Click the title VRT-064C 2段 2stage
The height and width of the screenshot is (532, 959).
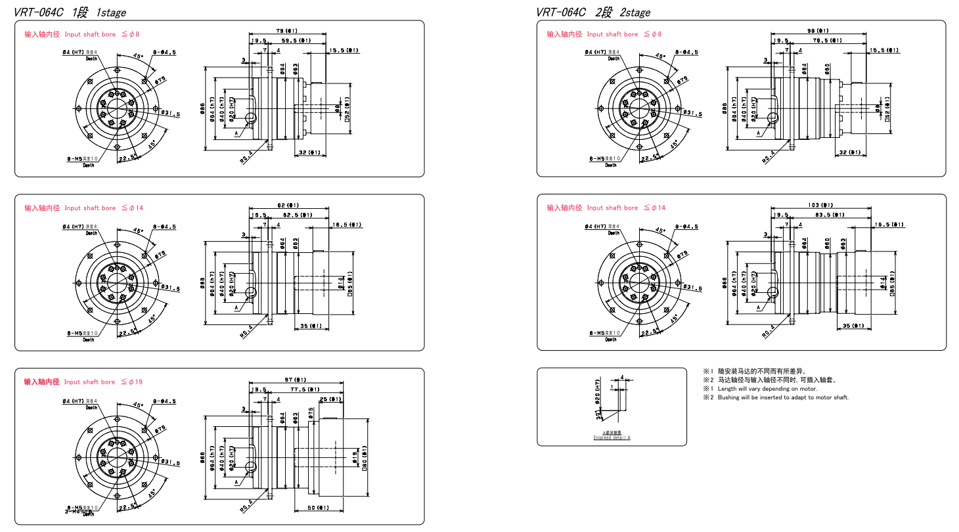click(593, 12)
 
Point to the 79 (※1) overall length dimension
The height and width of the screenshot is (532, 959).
click(286, 30)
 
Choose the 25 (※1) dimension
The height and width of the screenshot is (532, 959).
click(330, 399)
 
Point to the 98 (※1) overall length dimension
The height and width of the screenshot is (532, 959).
click(818, 31)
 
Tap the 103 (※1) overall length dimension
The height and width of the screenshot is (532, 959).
click(820, 205)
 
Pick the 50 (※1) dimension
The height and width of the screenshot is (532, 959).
click(319, 508)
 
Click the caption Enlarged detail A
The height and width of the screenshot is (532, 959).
click(612, 438)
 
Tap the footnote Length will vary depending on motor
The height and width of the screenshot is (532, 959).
click(762, 389)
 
